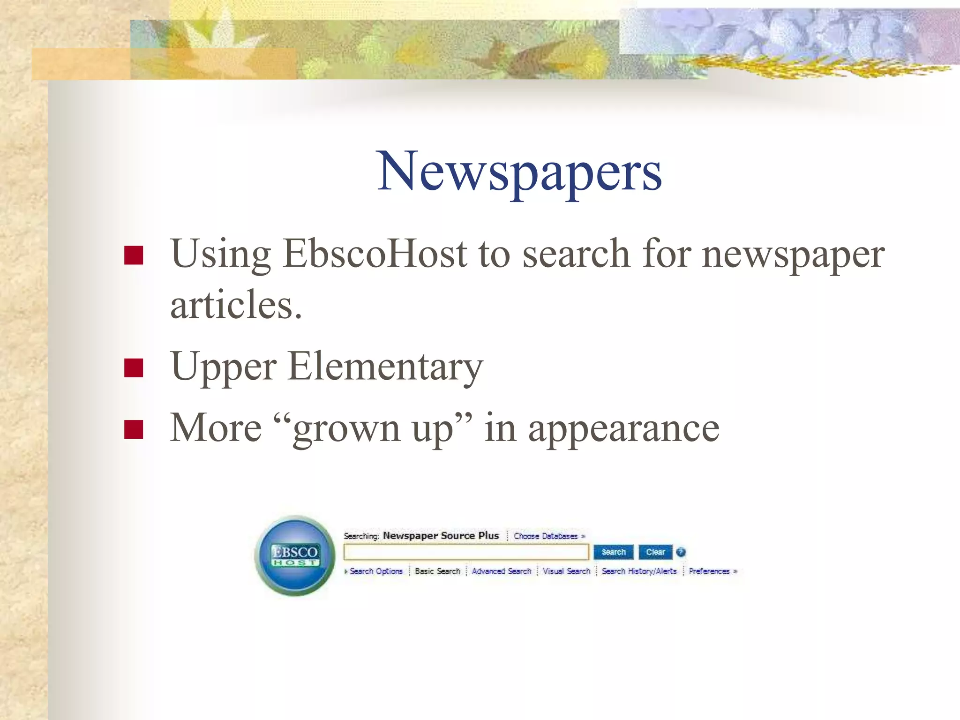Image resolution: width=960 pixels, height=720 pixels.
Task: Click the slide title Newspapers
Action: tap(519, 172)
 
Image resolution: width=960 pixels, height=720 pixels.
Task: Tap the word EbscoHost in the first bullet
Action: tap(375, 254)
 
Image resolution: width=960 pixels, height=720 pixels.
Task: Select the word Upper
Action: tap(224, 367)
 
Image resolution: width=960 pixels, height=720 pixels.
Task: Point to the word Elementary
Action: tap(385, 367)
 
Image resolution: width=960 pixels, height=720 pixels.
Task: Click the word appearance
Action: tap(623, 428)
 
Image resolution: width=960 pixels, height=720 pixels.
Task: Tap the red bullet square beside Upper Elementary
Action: tap(134, 368)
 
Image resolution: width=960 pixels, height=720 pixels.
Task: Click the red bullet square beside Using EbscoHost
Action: tap(134, 255)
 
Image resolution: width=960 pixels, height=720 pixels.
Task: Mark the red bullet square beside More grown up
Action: tap(134, 429)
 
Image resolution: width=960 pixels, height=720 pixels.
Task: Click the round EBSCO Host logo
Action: tap(295, 556)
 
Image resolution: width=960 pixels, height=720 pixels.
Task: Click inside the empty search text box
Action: tap(465, 552)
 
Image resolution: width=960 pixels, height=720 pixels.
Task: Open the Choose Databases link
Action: tap(546, 536)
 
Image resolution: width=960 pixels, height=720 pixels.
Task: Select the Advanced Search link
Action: tap(502, 571)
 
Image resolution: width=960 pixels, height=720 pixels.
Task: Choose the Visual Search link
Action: tap(566, 571)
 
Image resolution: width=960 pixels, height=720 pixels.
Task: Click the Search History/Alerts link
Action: tap(639, 571)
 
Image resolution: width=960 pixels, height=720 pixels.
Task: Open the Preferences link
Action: tap(710, 571)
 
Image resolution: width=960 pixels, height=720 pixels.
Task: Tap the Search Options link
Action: tap(375, 571)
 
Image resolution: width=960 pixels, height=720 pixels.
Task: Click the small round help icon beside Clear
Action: tap(681, 552)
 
